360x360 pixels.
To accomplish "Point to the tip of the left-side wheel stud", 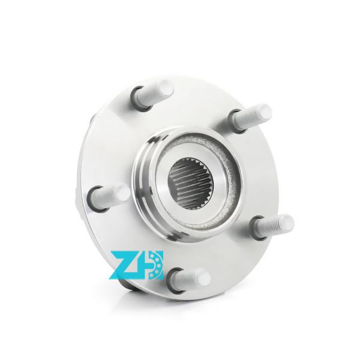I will pyautogui.click(x=122, y=193).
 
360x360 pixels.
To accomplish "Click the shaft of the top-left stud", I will pyautogui.click(x=153, y=91).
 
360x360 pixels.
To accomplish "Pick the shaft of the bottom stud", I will pyautogui.click(x=190, y=278).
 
